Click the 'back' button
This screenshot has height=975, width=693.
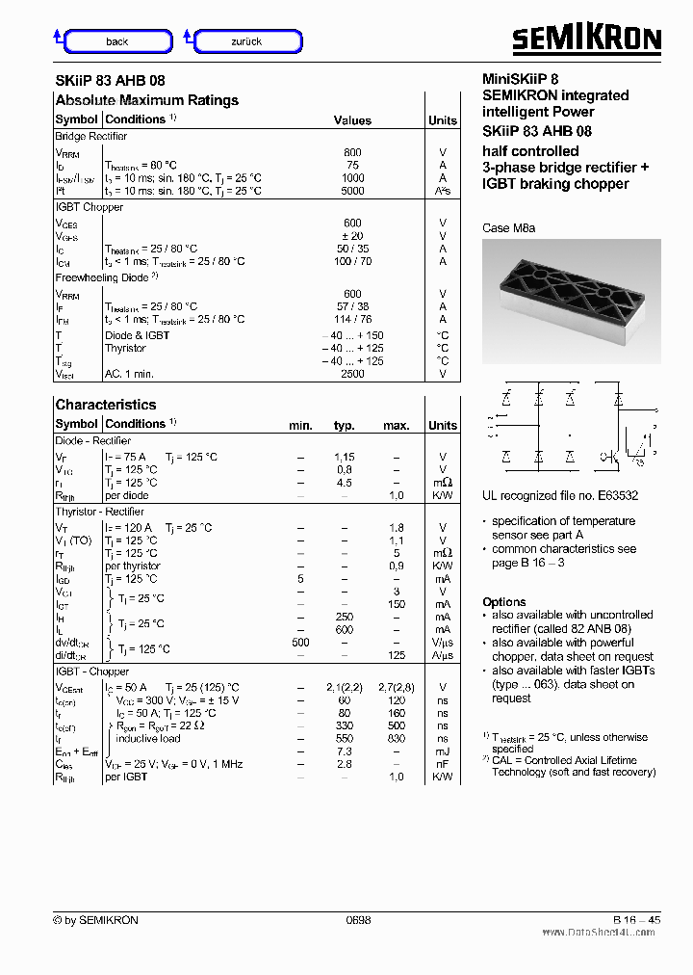pyautogui.click(x=117, y=41)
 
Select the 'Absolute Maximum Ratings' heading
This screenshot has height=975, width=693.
pyautogui.click(x=146, y=100)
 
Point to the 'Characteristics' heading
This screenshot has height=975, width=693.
pyautogui.click(x=105, y=405)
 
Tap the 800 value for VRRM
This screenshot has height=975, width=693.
pyautogui.click(x=352, y=152)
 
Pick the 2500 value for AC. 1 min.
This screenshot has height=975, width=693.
pyautogui.click(x=352, y=374)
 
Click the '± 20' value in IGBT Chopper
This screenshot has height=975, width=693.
pyautogui.click(x=352, y=236)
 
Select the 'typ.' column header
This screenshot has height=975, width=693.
pyautogui.click(x=344, y=425)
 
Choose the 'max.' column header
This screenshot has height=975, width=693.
pyautogui.click(x=396, y=425)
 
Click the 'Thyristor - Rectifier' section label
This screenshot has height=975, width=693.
pyautogui.click(x=99, y=512)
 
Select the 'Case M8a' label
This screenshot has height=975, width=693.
pyautogui.click(x=508, y=228)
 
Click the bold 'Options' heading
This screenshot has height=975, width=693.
pyautogui.click(x=504, y=601)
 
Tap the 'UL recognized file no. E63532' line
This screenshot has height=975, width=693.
pyautogui.click(x=560, y=496)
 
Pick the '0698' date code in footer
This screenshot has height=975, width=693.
pyautogui.click(x=358, y=920)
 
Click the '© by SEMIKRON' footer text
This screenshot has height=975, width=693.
pyautogui.click(x=96, y=920)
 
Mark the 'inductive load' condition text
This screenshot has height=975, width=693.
pyautogui.click(x=147, y=739)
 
